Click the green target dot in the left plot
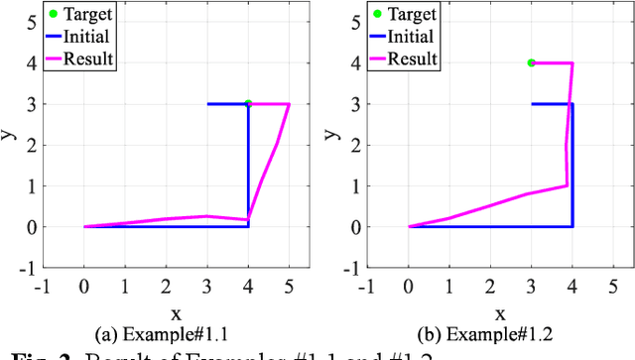248,103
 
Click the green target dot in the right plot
531,62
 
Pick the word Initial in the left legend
86,37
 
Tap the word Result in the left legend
87,59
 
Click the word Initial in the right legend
411,37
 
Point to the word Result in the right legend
412,59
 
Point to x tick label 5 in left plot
289,288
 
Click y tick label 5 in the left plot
32,21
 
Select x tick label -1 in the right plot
366,288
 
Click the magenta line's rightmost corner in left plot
290,103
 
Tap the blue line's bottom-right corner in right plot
572,226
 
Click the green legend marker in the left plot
53,15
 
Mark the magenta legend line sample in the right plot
377,59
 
